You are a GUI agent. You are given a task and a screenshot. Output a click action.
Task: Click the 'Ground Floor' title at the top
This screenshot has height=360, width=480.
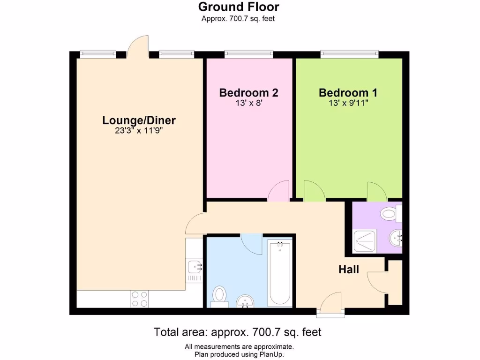coord(239,7)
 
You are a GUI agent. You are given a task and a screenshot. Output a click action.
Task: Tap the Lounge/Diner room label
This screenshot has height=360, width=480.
coord(139,120)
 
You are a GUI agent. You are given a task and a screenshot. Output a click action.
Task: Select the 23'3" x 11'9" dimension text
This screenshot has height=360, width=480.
coord(139,131)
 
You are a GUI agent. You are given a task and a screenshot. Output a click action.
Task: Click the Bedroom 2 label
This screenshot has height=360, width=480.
coord(248,93)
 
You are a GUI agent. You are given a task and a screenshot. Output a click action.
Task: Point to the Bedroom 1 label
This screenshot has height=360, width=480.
coord(348,93)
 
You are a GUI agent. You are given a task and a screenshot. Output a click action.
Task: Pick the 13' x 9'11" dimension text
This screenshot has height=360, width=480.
coord(348,103)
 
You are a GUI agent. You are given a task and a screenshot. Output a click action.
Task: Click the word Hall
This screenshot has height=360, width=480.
coord(349,270)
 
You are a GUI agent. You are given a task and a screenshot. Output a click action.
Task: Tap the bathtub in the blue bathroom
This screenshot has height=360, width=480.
coord(280,272)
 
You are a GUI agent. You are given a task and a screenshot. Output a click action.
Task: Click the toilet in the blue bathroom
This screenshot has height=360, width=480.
coord(219,296)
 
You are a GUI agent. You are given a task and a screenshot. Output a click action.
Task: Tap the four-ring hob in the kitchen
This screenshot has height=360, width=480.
coord(139,299)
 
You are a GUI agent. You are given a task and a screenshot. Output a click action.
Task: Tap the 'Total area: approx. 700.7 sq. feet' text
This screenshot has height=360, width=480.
coord(238,332)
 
